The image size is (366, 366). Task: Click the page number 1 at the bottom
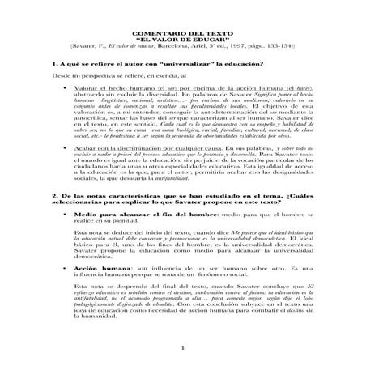(x=183, y=358)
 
